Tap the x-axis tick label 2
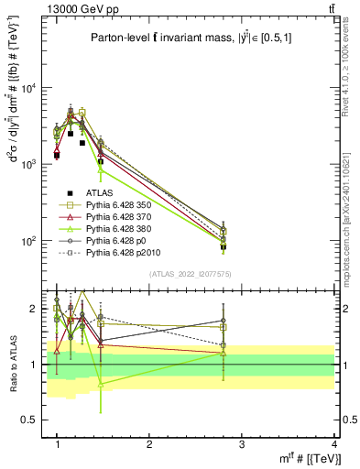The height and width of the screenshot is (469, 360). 149,443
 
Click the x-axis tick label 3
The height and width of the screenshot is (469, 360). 242,443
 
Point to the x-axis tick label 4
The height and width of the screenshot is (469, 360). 333,443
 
